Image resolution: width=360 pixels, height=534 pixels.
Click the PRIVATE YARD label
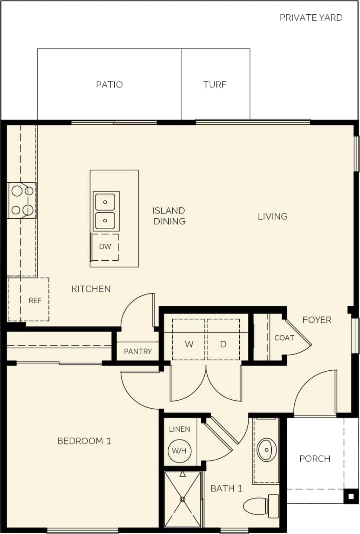click(311, 18)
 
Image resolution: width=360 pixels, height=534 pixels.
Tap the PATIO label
click(109, 84)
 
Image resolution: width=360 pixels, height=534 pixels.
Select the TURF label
click(215, 84)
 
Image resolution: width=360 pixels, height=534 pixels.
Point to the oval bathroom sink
click(267, 450)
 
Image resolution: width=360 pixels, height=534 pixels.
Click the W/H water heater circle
click(179, 450)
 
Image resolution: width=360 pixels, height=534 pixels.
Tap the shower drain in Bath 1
click(183, 499)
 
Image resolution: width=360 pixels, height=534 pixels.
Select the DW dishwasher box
click(105, 247)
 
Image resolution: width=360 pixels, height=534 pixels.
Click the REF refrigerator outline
click(29, 300)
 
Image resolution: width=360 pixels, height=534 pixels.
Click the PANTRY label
click(138, 351)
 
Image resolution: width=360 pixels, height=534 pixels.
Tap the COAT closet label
click(284, 338)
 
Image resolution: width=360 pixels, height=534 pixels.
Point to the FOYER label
click(317, 320)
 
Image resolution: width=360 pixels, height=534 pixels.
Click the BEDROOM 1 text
click(84, 441)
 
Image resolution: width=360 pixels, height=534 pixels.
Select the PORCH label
click(315, 459)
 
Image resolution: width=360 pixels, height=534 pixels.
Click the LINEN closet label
click(179, 429)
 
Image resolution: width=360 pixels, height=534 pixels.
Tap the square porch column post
click(351, 496)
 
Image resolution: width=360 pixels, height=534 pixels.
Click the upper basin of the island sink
click(105, 202)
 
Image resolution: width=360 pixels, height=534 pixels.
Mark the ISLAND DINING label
click(169, 216)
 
